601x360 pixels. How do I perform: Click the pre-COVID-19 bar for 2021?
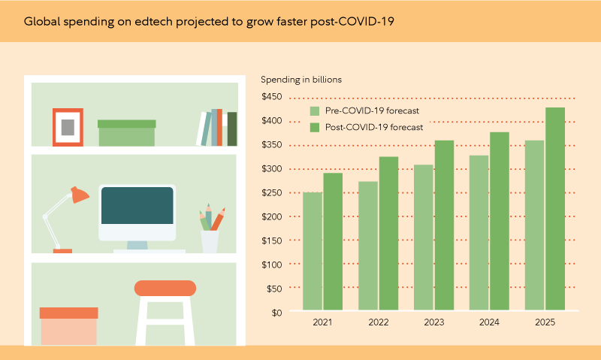(313, 251)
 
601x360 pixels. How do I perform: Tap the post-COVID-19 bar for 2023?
(444, 225)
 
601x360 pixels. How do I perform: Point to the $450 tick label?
(271, 97)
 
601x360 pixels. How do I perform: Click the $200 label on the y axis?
(271, 216)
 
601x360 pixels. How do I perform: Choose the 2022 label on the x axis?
(379, 323)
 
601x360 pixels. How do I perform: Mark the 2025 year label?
(545, 323)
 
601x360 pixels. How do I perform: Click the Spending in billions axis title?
(300, 79)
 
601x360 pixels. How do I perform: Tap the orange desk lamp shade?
(78, 195)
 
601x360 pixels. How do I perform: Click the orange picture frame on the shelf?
(68, 127)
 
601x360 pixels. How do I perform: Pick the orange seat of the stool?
(165, 288)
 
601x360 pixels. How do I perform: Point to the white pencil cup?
(210, 241)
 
